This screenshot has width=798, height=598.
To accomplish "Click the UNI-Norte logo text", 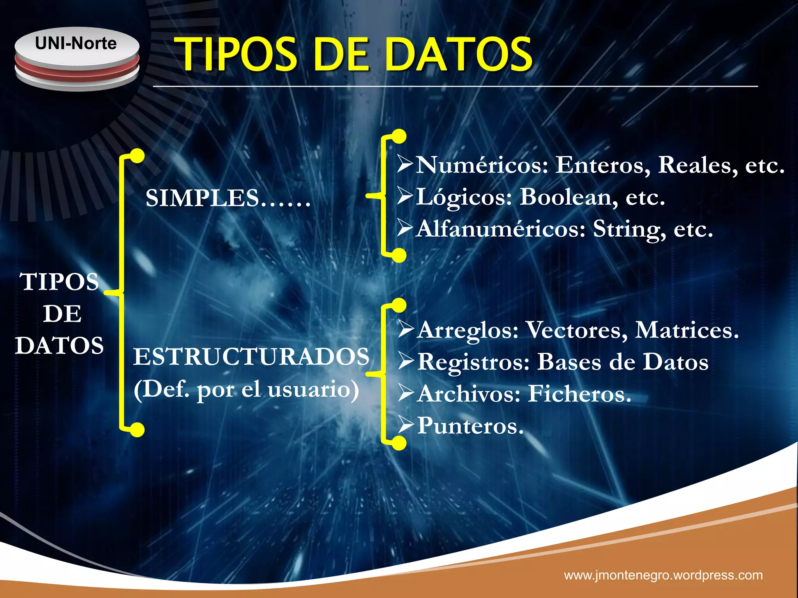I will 76,43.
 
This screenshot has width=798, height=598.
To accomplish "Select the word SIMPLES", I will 202,198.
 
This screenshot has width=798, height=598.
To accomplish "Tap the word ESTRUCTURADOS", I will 251,357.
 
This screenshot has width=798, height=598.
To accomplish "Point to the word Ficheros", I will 579,394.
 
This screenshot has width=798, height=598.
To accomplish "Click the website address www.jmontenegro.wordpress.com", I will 663,575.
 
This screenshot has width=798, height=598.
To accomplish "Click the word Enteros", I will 602,165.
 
